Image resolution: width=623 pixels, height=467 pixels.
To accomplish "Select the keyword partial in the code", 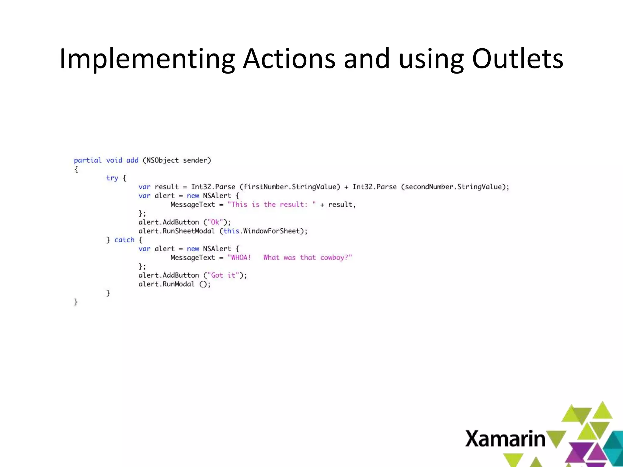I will point(88,160).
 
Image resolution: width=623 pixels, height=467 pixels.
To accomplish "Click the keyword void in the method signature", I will point(114,160).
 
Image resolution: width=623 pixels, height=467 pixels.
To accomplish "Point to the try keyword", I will point(112,178).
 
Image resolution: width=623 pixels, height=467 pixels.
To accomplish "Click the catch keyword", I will point(124,240).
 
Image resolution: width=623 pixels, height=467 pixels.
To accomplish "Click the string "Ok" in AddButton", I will point(215,222).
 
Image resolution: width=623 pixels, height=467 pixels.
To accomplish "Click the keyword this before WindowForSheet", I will point(231,231).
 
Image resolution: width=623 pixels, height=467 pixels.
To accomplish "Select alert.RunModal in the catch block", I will point(166,284).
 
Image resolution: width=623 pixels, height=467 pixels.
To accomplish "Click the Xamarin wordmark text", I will point(505,439).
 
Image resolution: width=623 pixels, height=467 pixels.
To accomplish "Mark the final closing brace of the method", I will point(76,302).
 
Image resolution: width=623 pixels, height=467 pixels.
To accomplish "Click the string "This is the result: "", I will point(272,205).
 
